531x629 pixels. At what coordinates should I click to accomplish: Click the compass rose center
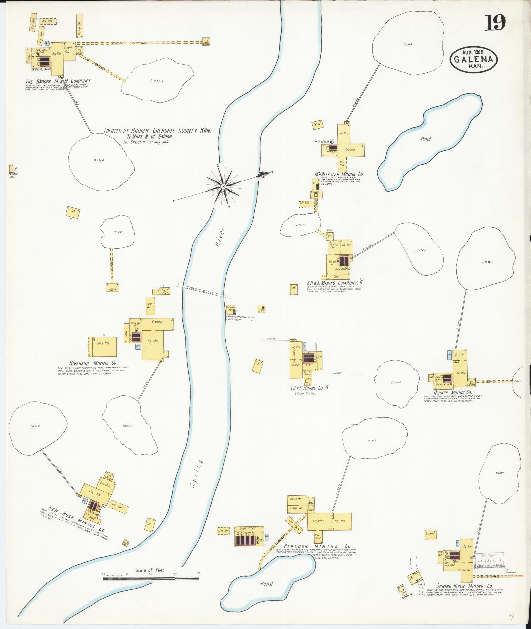[223, 186]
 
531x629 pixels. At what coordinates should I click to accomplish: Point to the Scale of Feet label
[150, 340]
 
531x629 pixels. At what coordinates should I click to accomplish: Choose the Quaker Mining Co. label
[453, 392]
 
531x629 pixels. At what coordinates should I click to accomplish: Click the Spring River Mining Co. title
[464, 586]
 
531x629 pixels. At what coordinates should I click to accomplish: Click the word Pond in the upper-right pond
[425, 139]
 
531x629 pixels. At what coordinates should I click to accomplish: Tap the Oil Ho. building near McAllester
[317, 124]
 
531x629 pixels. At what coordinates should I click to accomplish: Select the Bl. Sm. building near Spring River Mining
[429, 533]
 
